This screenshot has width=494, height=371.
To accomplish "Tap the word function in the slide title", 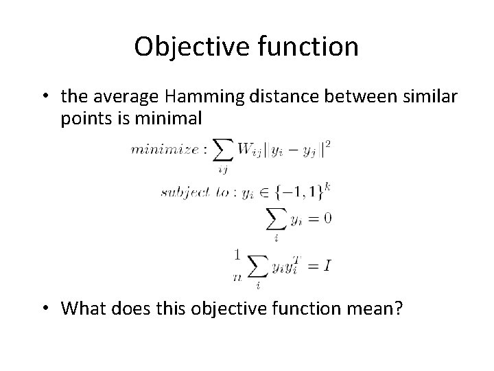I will (304, 47).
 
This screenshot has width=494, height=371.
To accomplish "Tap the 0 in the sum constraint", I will (327, 218).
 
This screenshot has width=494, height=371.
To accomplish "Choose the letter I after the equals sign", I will (329, 265).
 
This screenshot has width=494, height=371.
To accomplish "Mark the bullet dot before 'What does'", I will (47, 308).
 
